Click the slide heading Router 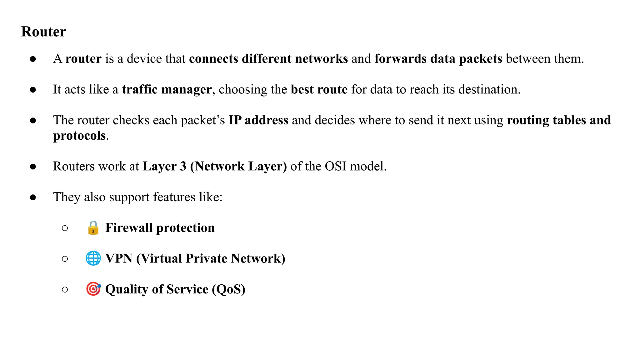pyautogui.click(x=43, y=32)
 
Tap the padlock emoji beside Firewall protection pyautogui.click(x=93, y=228)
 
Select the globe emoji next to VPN pyautogui.click(x=93, y=258)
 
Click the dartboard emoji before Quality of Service pyautogui.click(x=93, y=289)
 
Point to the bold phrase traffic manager pyautogui.click(x=167, y=90)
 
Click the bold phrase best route pyautogui.click(x=319, y=90)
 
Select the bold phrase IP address pyautogui.click(x=258, y=120)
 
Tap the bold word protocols pyautogui.click(x=79, y=136)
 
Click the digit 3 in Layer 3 pyautogui.click(x=183, y=166)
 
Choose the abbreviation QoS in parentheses pyautogui.click(x=229, y=289)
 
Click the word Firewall pyautogui.click(x=129, y=228)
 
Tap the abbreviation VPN pyautogui.click(x=119, y=258)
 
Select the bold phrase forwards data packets pyautogui.click(x=438, y=59)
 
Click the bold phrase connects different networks pyautogui.click(x=268, y=59)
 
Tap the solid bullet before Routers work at pyautogui.click(x=33, y=167)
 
